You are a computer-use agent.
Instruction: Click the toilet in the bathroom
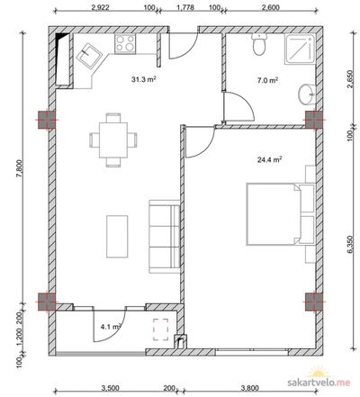click(259, 44)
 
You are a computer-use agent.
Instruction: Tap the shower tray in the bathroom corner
click(300, 49)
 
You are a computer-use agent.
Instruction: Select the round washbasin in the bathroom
click(307, 95)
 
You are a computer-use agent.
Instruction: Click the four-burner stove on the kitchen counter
click(125, 43)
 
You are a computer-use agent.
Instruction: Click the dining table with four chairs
click(113, 140)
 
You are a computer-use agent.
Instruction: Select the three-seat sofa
click(165, 237)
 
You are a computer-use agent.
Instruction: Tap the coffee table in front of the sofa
click(117, 237)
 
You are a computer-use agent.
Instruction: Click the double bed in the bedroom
click(280, 215)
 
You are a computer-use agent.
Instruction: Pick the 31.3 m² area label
click(144, 79)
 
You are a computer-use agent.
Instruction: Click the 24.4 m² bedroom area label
click(269, 159)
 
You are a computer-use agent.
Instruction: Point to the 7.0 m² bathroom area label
click(267, 80)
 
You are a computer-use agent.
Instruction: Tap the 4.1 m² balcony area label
click(111, 327)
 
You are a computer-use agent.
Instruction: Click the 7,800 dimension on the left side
click(20, 171)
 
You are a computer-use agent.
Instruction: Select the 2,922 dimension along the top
click(100, 7)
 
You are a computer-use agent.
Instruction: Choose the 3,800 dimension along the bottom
click(249, 388)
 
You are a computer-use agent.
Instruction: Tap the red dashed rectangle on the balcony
click(161, 329)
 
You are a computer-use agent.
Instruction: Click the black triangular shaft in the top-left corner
click(61, 37)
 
